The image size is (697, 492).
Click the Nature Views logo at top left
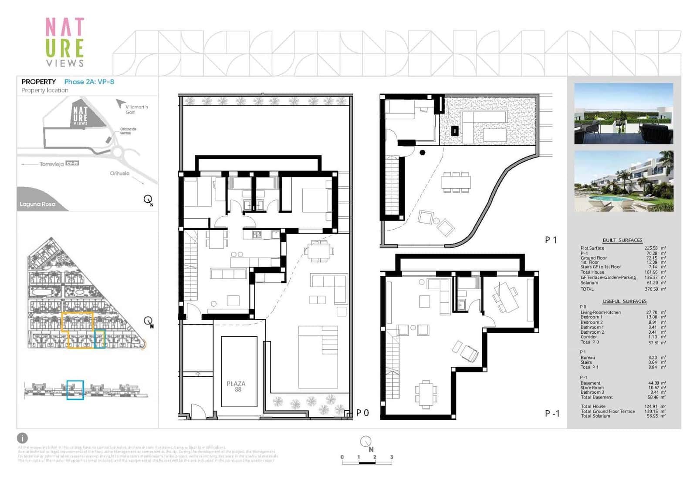tap(64, 42)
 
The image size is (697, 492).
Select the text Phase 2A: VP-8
tap(89, 82)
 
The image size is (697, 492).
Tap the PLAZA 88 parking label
tap(236, 386)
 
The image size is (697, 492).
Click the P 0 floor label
tap(362, 413)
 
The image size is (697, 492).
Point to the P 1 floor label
tap(551, 240)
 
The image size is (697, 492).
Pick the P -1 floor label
tap(552, 414)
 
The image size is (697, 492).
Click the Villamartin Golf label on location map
tap(136, 109)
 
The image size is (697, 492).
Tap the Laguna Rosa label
tap(37, 204)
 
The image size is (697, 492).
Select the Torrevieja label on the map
tap(51, 164)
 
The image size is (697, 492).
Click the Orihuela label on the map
tap(119, 173)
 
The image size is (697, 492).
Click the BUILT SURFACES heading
tap(622, 240)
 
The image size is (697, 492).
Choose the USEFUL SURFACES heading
tap(624, 301)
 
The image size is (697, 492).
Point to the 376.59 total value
tap(651, 289)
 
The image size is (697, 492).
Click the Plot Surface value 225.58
tap(651, 248)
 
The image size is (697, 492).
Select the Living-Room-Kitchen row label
tap(600, 312)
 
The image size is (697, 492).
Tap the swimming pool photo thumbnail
tap(623, 181)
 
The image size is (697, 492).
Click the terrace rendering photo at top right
tap(623, 114)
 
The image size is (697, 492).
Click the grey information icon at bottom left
tap(22, 438)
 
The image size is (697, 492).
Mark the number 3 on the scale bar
tap(392, 457)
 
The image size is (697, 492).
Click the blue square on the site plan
tap(100, 339)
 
